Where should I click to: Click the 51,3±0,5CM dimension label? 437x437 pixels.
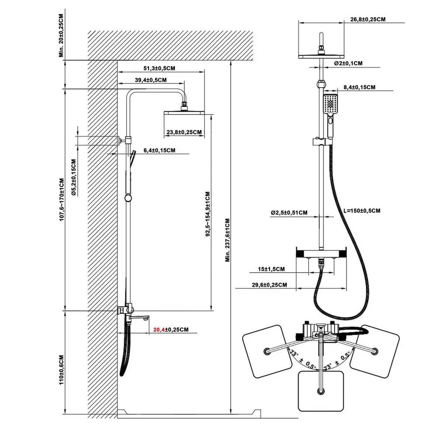pos(160,68)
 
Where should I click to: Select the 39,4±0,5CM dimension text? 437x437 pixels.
pos(150,80)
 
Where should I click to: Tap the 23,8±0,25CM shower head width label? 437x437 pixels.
pos(184,132)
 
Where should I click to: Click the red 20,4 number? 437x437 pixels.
pos(159,329)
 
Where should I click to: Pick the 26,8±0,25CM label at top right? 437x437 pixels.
pos(368,19)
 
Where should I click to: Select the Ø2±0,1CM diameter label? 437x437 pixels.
pos(348,63)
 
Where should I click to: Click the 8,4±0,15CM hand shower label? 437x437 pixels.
pos(359,87)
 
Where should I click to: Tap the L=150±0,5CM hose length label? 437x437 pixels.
pos(362,211)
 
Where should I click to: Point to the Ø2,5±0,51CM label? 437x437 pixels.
pos(289,213)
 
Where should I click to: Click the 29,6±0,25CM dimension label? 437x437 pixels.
pos(270,285)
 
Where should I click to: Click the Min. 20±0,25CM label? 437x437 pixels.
pos(61,35)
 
